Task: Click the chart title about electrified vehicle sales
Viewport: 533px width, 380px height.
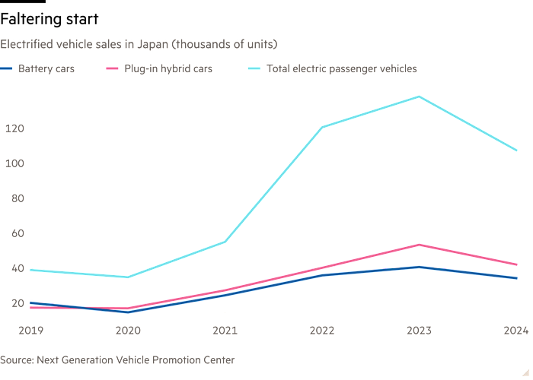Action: [139, 44]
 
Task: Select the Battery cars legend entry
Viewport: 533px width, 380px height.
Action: [46, 69]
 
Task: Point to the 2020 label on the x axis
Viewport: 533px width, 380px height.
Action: [127, 331]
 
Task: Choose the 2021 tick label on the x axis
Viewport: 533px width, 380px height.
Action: [225, 331]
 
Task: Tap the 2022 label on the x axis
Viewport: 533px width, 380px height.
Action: [322, 331]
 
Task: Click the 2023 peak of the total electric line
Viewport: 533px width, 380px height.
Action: [420, 97]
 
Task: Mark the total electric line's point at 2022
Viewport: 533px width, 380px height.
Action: [322, 126]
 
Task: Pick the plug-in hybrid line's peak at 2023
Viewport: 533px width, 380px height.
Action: [420, 245]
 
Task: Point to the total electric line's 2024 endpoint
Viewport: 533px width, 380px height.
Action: [517, 150]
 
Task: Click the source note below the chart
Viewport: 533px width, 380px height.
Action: [118, 359]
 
